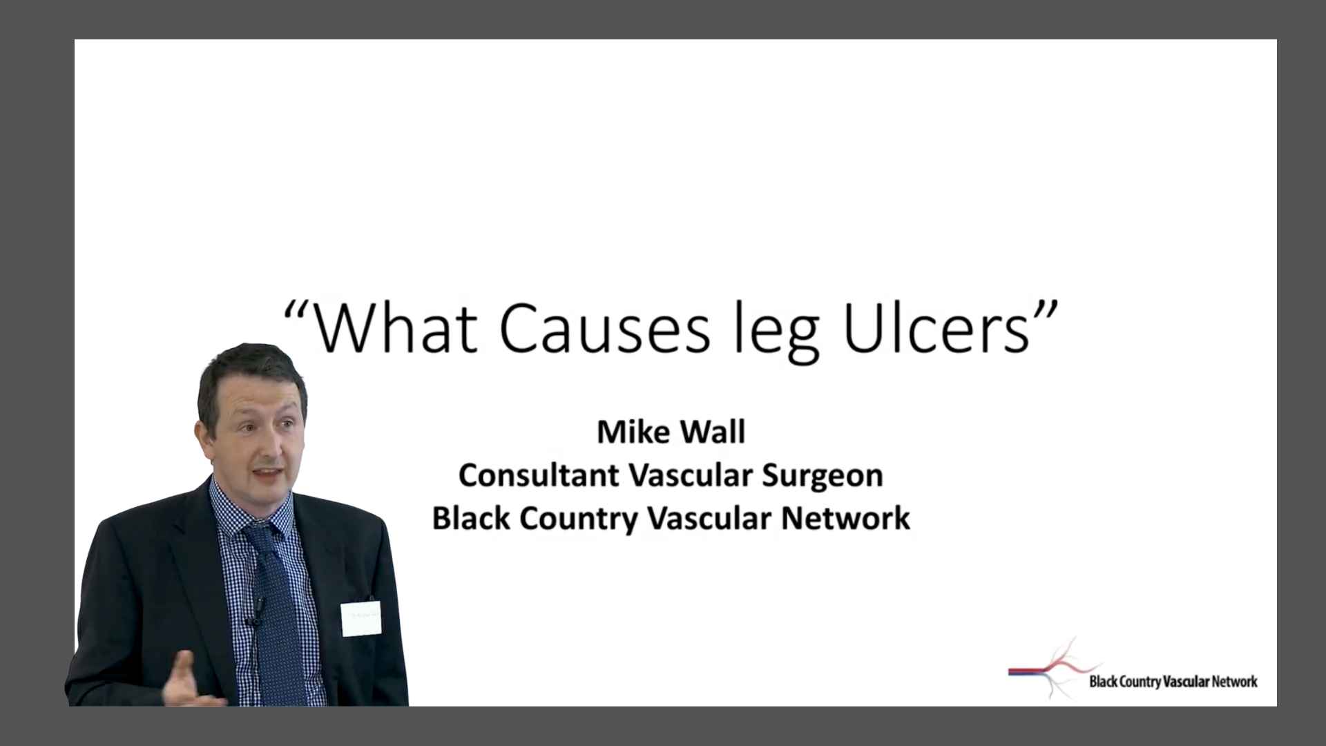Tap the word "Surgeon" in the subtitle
pyautogui.click(x=822, y=476)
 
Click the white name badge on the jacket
pyautogui.click(x=361, y=618)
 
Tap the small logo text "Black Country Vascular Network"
pyautogui.click(x=1173, y=682)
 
